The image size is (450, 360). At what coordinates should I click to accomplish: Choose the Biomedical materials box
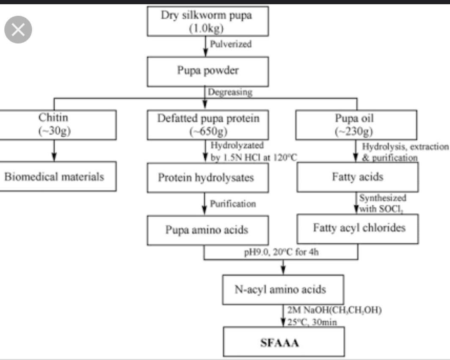(x=55, y=176)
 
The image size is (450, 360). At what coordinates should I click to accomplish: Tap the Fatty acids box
(x=357, y=176)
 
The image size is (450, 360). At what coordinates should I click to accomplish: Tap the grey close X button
(x=18, y=30)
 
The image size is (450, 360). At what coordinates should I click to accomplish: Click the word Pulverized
(x=231, y=44)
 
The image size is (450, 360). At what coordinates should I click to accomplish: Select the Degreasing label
(x=230, y=92)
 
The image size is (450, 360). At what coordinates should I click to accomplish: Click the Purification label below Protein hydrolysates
(x=233, y=204)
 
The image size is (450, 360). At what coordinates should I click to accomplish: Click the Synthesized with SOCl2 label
(x=382, y=203)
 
